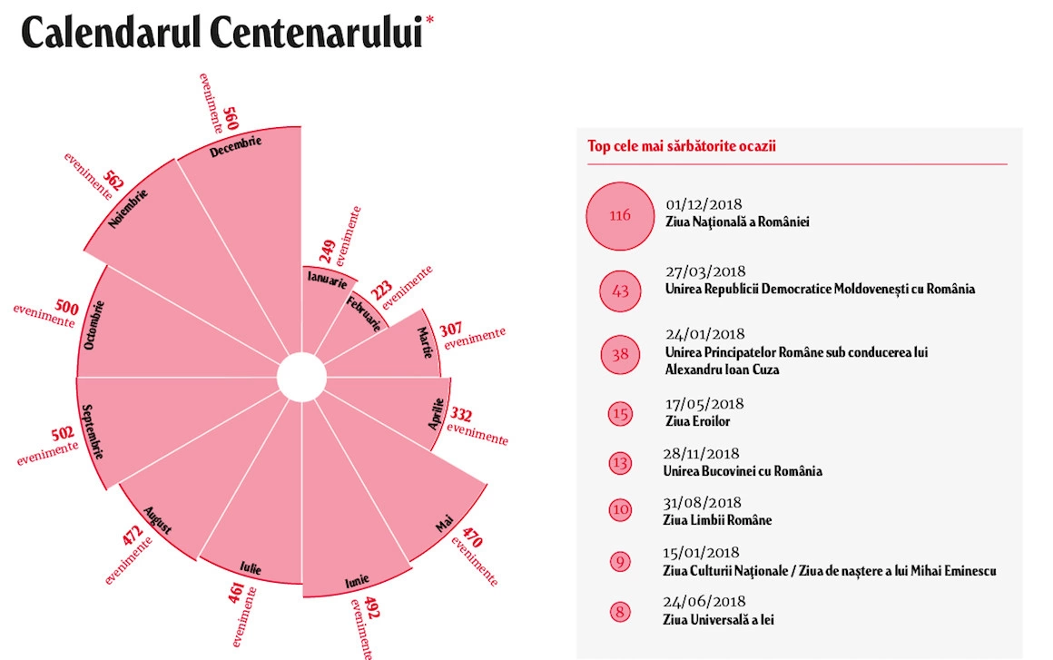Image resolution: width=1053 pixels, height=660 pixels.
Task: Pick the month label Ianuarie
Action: pos(326,276)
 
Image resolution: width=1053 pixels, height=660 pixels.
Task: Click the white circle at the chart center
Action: pos(300,378)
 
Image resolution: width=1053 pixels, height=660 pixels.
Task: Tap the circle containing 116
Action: pos(620,216)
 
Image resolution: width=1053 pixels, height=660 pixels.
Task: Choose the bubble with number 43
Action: pos(621,291)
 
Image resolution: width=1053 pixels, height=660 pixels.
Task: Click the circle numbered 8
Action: pos(620,611)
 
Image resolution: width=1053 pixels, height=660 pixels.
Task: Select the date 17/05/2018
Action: pos(704,405)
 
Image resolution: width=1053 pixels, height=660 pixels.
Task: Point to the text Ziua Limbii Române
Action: pos(717,520)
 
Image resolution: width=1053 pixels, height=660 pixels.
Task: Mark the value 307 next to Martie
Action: pos(450,330)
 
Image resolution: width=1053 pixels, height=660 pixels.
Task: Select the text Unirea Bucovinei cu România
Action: pos(743,470)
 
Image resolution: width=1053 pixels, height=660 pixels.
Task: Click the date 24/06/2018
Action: pos(704,602)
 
